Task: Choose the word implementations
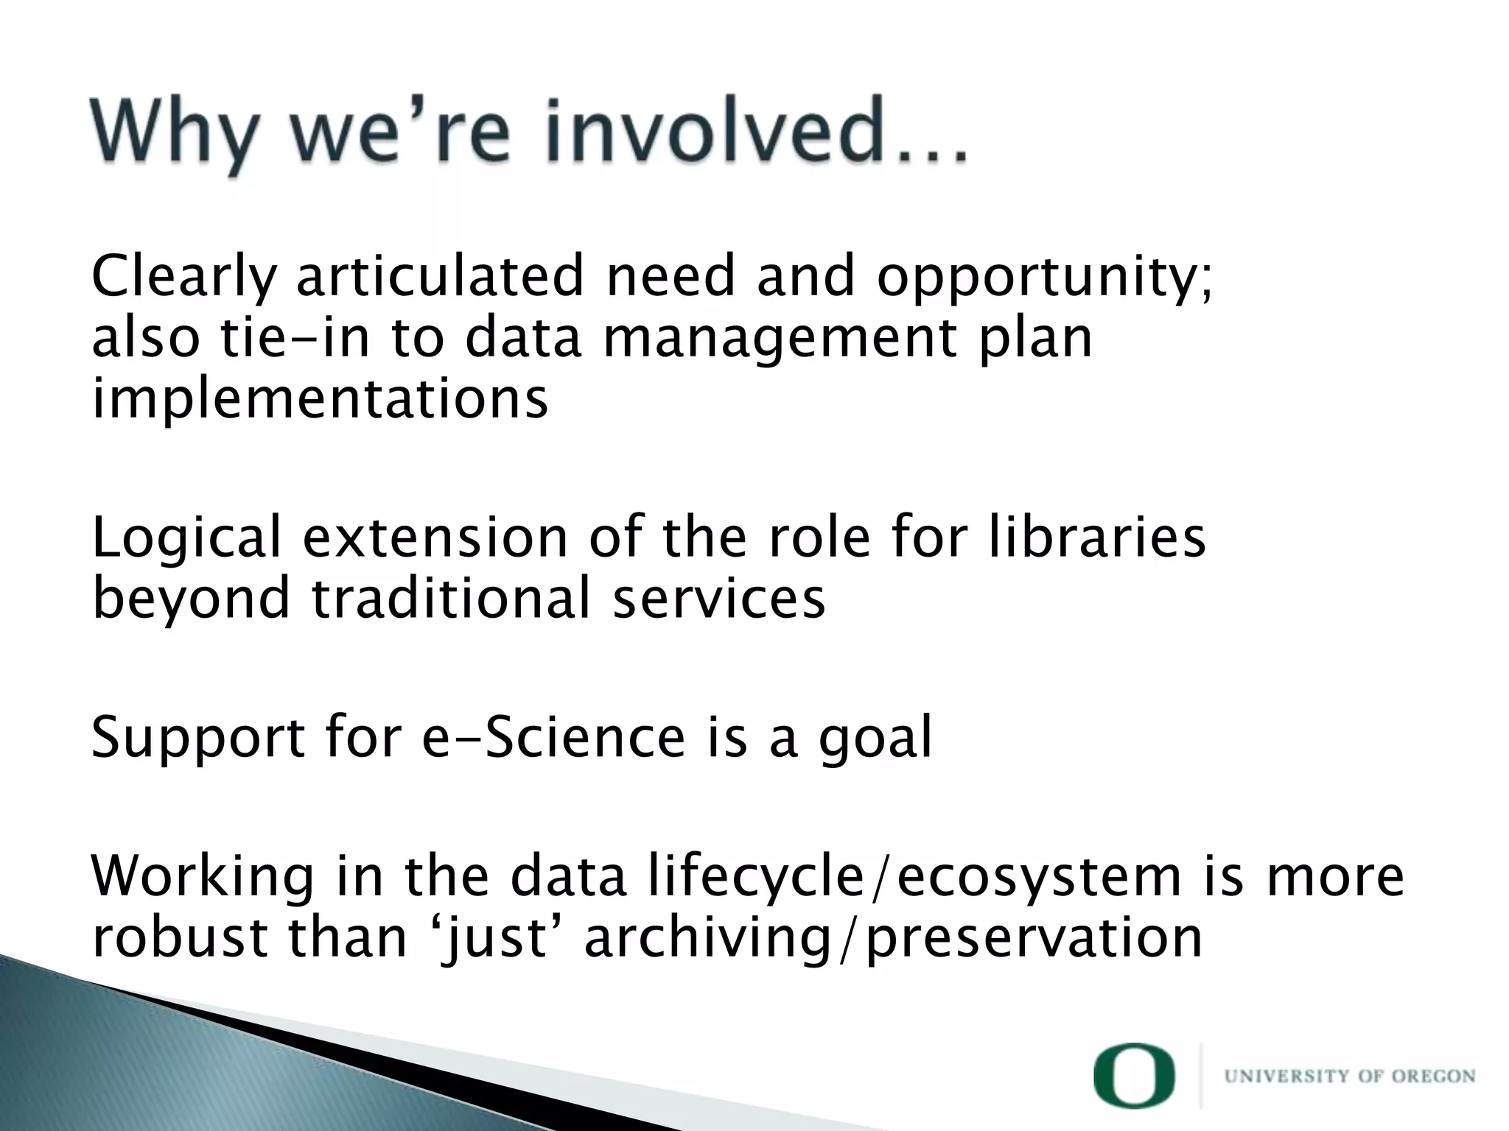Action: pyautogui.click(x=320, y=398)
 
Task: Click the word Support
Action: pyautogui.click(x=197, y=739)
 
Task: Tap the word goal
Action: pyautogui.click(x=875, y=739)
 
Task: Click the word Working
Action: pyautogui.click(x=203, y=878)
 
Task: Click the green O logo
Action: pyautogui.click(x=1134, y=1075)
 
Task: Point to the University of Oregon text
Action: pyautogui.click(x=1350, y=1077)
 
